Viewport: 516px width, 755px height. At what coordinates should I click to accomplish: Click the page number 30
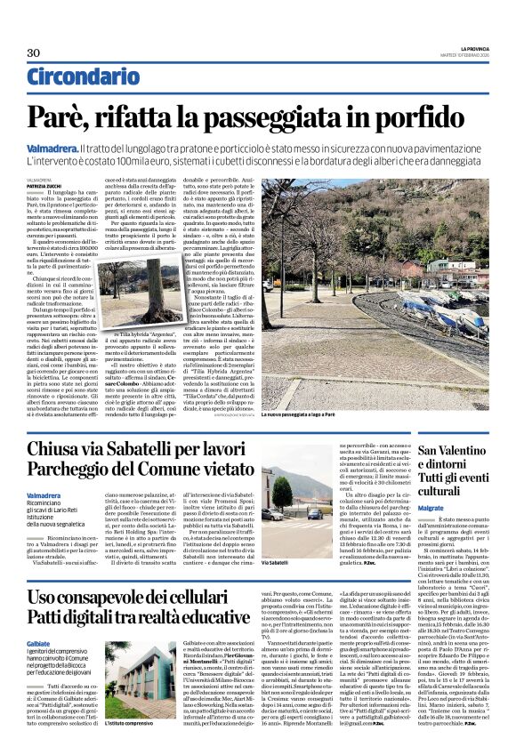point(35,52)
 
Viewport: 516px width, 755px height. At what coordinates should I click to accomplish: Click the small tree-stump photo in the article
point(125,288)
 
